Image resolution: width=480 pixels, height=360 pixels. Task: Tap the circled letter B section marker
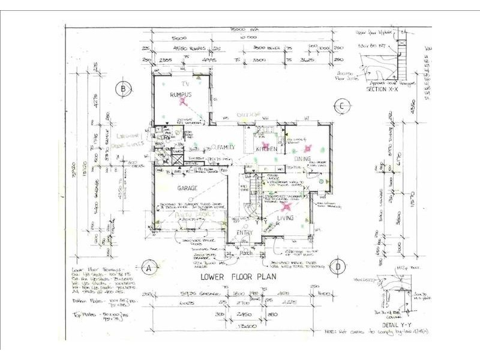point(124,88)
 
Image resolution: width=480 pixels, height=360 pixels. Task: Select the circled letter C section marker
point(340,107)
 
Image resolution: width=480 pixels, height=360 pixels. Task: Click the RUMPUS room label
point(180,95)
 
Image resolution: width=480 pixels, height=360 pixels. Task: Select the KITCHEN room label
point(266,148)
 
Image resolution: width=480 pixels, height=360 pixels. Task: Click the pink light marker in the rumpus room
point(180,103)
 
